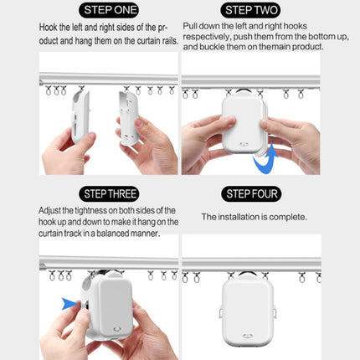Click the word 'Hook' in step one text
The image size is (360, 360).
(49, 27)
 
